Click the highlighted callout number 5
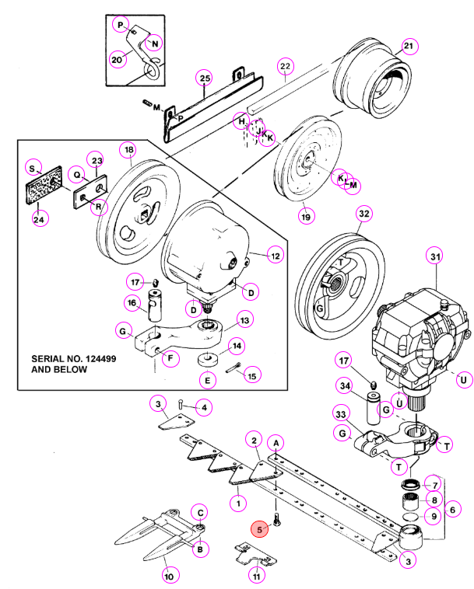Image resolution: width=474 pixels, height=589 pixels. coord(260,530)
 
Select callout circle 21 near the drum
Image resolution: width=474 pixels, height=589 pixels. coord(408,46)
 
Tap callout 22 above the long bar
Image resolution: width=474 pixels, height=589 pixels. coord(285,67)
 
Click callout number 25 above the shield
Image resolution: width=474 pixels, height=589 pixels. coord(205,78)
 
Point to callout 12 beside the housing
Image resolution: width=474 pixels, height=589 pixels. coord(276,256)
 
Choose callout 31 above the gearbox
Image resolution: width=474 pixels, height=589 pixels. coord(435,256)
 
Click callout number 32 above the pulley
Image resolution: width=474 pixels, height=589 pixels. coord(363,214)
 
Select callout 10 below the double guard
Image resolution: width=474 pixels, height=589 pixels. coord(170,576)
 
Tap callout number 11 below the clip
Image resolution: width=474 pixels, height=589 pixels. coord(256,576)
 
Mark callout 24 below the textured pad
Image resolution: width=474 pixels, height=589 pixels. coord(39,219)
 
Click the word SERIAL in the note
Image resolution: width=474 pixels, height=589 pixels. coord(44,359)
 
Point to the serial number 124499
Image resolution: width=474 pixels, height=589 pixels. coord(101,359)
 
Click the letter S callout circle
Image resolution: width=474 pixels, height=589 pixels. coord(33,169)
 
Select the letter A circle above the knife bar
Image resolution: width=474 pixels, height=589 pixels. coord(276,443)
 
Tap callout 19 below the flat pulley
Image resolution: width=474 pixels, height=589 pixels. coord(306,216)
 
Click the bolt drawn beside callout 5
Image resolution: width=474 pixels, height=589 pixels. coord(277,520)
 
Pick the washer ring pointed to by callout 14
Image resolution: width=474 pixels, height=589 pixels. coord(207,359)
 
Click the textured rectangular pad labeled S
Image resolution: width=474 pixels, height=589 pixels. coord(44,186)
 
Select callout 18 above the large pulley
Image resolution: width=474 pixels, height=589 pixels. coord(128,150)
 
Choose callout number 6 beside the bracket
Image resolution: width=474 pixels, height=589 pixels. coord(452,510)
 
